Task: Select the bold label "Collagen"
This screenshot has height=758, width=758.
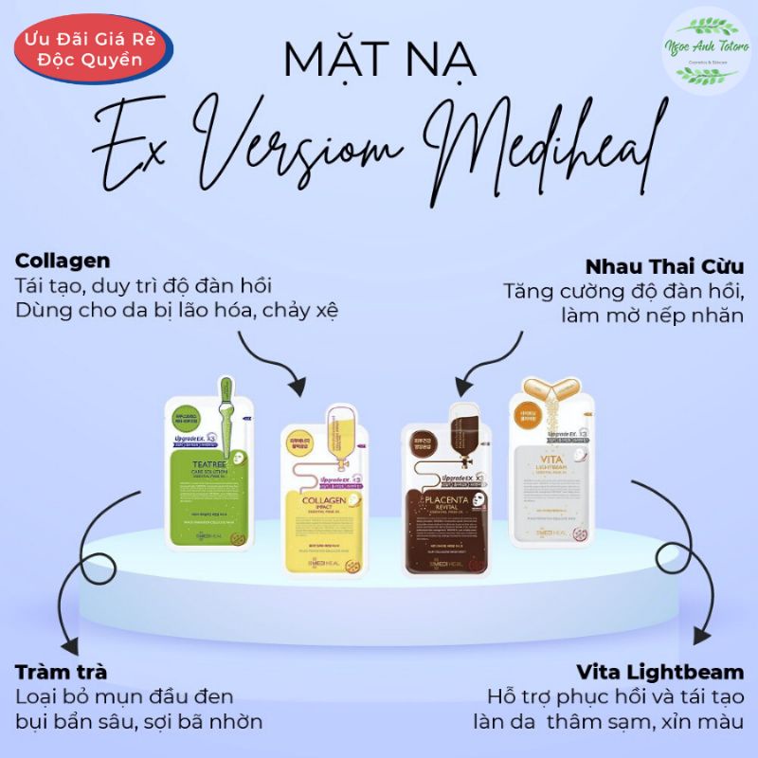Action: pos(63,260)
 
